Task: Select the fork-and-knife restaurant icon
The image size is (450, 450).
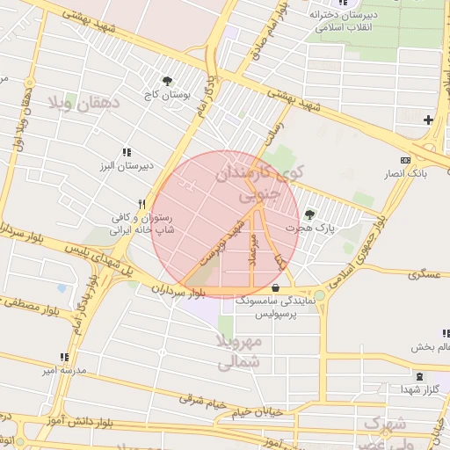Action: click(141, 203)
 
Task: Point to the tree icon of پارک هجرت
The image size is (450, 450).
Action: click(308, 214)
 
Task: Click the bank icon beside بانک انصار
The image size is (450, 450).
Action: click(404, 160)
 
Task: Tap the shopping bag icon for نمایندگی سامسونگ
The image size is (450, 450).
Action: click(276, 287)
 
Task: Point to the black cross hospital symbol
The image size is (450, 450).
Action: click(428, 120)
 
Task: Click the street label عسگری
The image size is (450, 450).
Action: click(422, 275)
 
